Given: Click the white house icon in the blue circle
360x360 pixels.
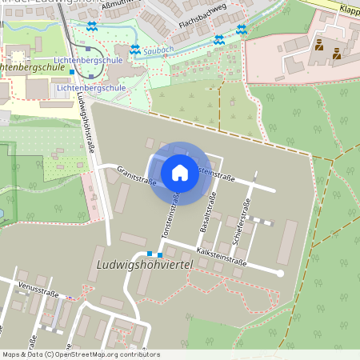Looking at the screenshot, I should coord(180,173).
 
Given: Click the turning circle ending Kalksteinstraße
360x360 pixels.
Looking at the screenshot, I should coord(280,274).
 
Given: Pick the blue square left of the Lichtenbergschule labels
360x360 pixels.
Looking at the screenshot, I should coord(71,73).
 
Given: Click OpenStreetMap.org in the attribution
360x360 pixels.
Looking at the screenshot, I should coord(79,354).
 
